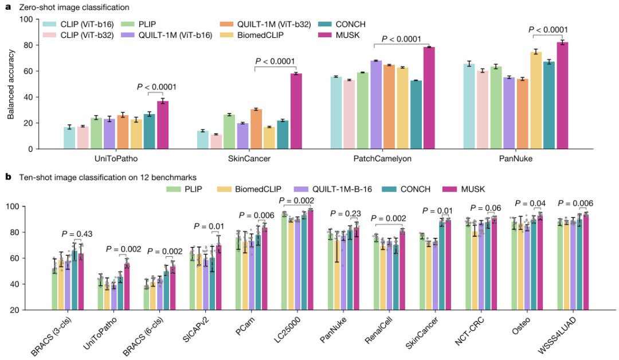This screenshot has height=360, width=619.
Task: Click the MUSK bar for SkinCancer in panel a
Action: pyautogui.click(x=296, y=111)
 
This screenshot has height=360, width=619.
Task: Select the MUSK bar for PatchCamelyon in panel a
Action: pyautogui.click(x=429, y=98)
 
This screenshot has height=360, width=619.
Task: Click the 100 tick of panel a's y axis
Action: pyautogui.click(x=25, y=19)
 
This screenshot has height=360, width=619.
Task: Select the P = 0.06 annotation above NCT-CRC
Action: pyautogui.click(x=486, y=208)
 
